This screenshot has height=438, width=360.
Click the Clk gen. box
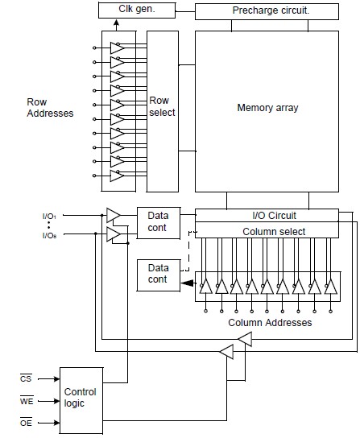137,10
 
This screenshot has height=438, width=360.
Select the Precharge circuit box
267,11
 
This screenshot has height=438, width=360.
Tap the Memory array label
267,108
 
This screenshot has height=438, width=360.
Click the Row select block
163,111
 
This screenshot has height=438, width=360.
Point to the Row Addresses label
50,108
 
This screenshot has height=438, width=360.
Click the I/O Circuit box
267,215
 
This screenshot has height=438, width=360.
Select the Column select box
267,230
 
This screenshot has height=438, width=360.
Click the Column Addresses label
270,323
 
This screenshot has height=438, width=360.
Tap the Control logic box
81,400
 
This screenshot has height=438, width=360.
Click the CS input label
26,378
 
